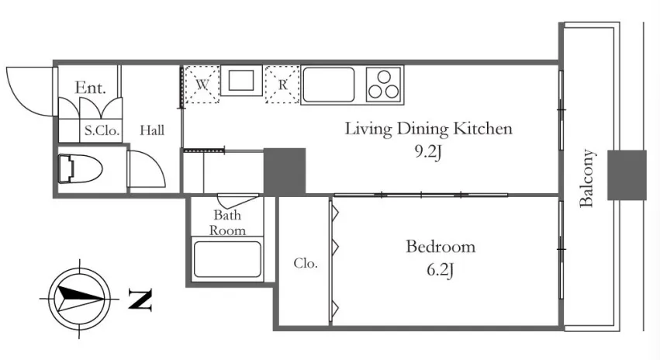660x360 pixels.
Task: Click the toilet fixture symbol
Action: tap(80, 169)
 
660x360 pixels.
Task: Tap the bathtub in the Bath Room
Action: tap(227, 259)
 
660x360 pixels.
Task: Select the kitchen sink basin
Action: tap(328, 85)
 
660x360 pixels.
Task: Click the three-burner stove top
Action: tap(384, 85)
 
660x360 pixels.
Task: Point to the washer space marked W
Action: tap(202, 85)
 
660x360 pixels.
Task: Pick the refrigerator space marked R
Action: tap(282, 85)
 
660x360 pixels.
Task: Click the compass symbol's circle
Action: tap(79, 299)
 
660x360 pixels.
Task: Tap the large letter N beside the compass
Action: tap(140, 299)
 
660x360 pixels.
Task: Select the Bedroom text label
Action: tap(441, 246)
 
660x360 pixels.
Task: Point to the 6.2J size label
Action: tap(440, 269)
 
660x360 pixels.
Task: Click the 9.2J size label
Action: tap(428, 152)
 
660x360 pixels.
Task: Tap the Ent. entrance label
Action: tap(90, 88)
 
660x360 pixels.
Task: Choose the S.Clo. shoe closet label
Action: tap(102, 130)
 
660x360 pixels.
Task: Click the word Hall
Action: tap(152, 130)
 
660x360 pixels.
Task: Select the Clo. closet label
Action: tap(306, 263)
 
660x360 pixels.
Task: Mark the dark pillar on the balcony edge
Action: tap(627, 175)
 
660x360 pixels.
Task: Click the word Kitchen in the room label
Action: tap(483, 129)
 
